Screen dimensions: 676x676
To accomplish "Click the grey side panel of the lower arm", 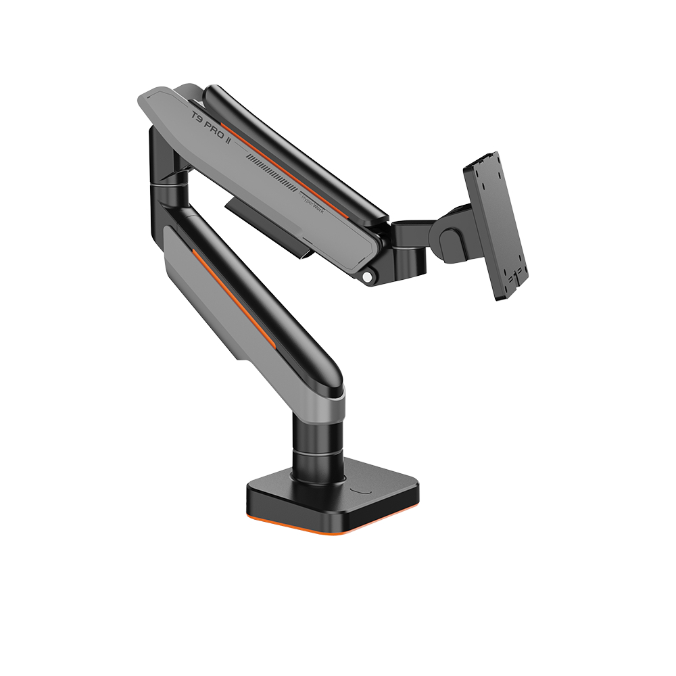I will [x=203, y=297].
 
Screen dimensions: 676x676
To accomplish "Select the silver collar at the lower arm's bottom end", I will [x=324, y=406].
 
